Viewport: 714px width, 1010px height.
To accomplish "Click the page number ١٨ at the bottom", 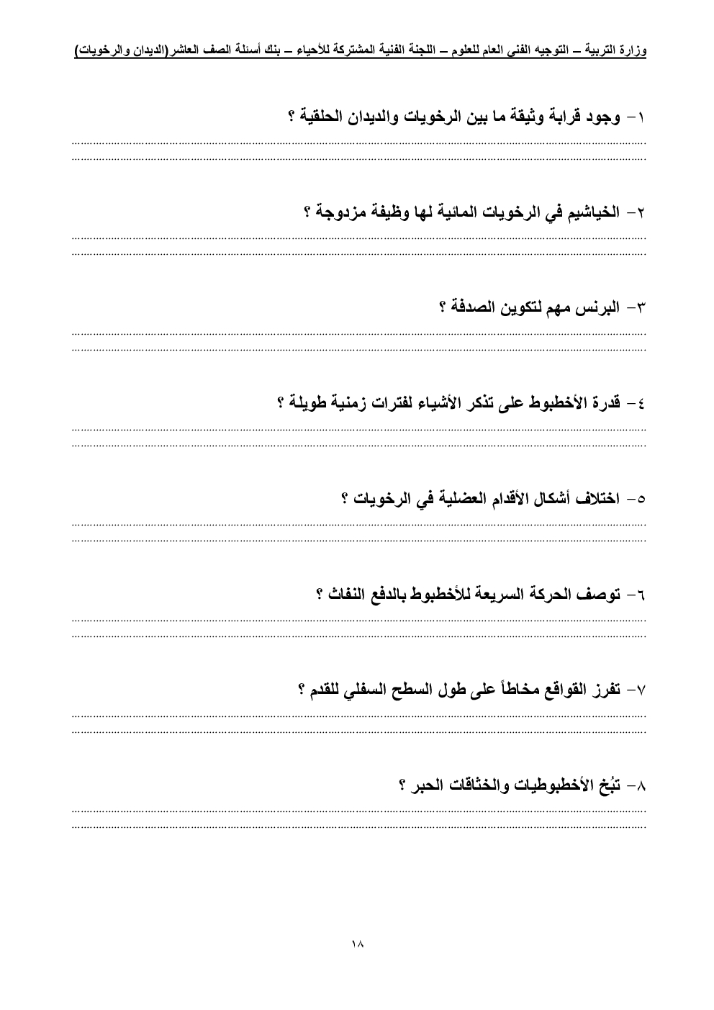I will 356,944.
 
